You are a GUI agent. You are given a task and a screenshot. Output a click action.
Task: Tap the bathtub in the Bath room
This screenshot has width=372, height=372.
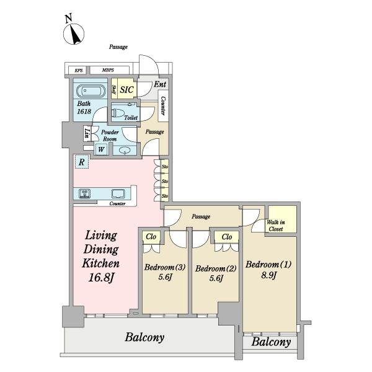click(91, 91)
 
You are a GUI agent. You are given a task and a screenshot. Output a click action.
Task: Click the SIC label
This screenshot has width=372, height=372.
click(126, 90)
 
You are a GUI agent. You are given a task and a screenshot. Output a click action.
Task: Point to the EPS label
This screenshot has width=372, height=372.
click(79, 71)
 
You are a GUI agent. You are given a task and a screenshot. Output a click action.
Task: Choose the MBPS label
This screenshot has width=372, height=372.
click(108, 70)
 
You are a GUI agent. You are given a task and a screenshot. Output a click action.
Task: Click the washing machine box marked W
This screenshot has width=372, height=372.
click(101, 149)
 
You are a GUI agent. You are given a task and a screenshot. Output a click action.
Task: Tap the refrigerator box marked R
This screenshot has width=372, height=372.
click(82, 162)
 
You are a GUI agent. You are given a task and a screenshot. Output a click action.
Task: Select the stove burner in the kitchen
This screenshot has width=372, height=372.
click(84, 193)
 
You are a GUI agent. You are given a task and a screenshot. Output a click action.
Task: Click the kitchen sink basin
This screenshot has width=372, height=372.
click(118, 193)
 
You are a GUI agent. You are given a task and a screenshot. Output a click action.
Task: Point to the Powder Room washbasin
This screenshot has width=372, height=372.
click(125, 151)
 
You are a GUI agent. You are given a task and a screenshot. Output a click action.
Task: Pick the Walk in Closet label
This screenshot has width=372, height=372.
click(276, 226)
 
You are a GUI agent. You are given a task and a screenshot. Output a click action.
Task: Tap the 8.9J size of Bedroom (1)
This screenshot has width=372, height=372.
click(269, 275)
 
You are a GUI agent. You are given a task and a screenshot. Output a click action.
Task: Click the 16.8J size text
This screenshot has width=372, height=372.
click(102, 277)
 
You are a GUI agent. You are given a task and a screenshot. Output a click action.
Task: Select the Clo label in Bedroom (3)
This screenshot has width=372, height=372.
click(151, 237)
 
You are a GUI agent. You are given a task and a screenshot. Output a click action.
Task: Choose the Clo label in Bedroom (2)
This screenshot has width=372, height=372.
click(227, 237)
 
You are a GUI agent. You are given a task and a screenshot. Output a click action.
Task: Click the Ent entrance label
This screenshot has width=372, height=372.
click(160, 84)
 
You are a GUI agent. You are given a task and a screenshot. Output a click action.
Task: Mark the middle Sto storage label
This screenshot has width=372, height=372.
click(165, 181)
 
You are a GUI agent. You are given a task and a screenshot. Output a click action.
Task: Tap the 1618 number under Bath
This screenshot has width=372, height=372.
click(84, 111)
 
